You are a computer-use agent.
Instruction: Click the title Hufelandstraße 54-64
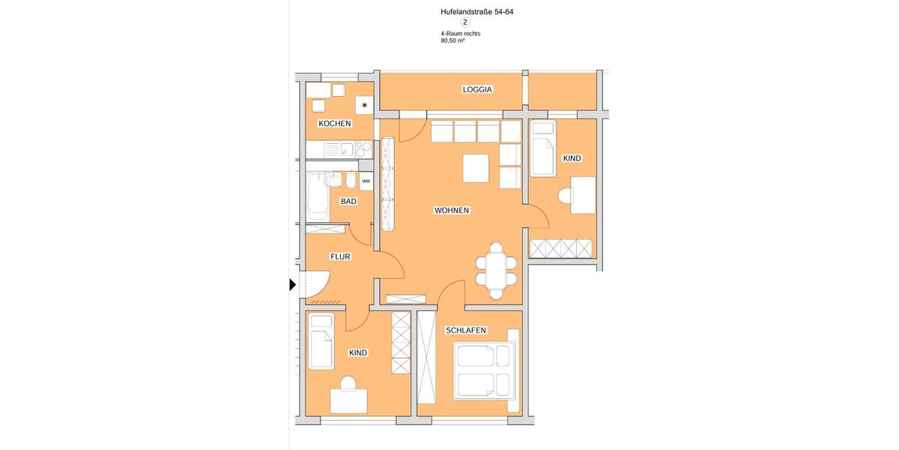coord(476,12)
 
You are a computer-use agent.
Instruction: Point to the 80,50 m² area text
coord(452,41)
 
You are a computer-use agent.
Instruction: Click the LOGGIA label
coord(477,89)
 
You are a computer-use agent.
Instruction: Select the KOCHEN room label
coord(334,124)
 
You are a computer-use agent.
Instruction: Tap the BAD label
coord(348,202)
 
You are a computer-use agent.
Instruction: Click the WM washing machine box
coord(366,181)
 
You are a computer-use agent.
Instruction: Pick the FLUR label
coord(341,256)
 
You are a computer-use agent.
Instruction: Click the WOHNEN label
coord(452,211)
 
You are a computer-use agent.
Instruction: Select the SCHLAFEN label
coord(466,330)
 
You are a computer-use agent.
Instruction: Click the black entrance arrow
coord(292,285)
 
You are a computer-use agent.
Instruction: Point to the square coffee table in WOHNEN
coord(476,168)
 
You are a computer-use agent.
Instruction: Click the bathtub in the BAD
coord(315,197)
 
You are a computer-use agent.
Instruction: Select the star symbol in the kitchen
coord(365,106)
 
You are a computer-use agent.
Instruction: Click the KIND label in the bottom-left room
coord(358,352)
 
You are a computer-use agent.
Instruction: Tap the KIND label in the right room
coord(572,158)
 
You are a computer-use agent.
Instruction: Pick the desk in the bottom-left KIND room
coord(349,400)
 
